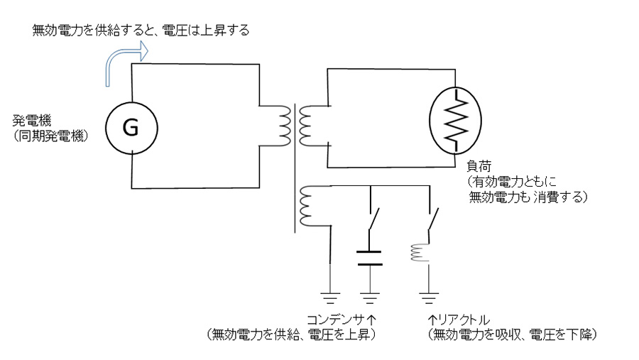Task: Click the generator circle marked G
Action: tap(131, 128)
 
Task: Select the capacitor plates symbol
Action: tap(369, 258)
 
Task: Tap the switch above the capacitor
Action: tap(371, 224)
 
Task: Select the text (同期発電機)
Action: tap(50, 133)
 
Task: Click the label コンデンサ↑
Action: tap(341, 319)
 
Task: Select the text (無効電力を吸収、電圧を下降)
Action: tap(510, 333)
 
